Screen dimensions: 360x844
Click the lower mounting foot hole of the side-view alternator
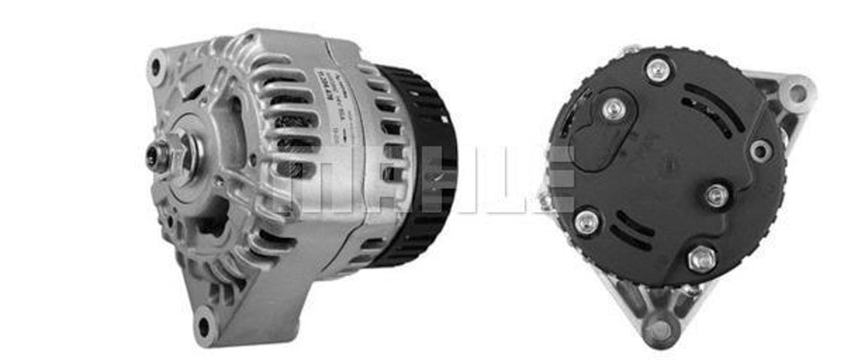(x=204, y=324)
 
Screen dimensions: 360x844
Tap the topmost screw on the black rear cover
(x=658, y=69)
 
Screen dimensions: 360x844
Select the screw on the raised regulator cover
(x=613, y=109)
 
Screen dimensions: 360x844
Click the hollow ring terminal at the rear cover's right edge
(x=759, y=151)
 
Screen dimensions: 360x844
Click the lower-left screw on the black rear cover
(x=586, y=221)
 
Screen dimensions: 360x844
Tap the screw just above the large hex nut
(x=716, y=196)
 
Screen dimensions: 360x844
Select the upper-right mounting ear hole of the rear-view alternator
(x=796, y=91)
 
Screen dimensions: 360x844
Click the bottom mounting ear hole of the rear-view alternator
(x=659, y=330)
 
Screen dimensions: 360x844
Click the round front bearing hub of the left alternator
(x=194, y=157)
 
